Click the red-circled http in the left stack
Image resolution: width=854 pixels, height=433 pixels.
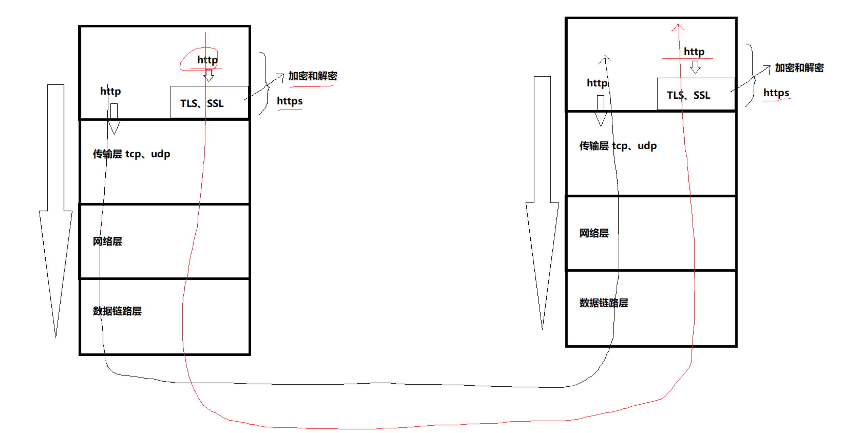207,60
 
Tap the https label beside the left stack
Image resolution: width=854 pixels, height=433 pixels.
290,101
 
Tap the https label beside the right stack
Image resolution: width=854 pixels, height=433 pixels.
776,93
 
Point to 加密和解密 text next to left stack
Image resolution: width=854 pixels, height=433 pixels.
312,76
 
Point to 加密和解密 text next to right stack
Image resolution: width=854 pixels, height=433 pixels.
799,68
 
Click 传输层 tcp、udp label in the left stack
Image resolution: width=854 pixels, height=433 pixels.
131,154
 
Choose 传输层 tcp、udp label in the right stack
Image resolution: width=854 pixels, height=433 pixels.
618,146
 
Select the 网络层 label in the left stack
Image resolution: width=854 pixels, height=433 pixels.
107,241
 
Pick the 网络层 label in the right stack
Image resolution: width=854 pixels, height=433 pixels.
594,233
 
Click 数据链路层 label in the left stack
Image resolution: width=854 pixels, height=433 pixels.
117,311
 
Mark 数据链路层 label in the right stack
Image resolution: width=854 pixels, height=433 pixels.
604,303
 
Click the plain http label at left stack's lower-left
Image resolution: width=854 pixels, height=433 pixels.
110,91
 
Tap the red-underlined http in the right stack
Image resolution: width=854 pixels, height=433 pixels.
694,52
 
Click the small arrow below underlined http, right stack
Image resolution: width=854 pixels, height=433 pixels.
695,67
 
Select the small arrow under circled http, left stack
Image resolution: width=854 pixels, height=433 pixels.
209,75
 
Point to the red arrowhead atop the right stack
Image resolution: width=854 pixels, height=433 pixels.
678,27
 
